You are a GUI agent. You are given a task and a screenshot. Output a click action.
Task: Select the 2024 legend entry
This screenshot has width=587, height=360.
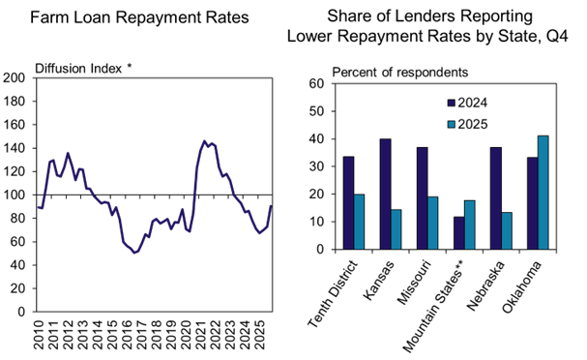point(471,102)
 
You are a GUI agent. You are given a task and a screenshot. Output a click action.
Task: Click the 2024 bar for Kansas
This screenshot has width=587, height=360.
point(386,194)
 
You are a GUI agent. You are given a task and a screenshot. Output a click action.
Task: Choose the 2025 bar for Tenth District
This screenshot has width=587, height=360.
point(359,222)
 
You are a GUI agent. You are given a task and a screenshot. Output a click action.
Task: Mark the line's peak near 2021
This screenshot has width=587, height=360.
point(205,141)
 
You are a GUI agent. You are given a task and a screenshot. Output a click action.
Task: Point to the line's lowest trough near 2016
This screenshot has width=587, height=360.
point(135,253)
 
